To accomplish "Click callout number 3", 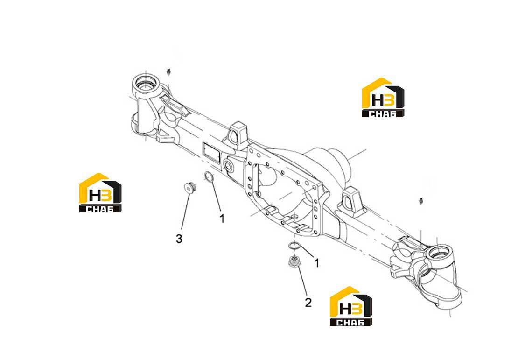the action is [179, 238].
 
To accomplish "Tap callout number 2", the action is [308, 303].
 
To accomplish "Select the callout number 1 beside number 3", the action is [222, 218].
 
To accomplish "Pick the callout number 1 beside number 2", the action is [316, 263].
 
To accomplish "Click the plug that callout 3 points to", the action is [189, 187].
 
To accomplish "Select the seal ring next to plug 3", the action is [209, 177].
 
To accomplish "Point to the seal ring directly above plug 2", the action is [294, 246].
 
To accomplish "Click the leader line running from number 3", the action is [185, 212].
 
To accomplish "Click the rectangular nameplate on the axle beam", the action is [211, 153].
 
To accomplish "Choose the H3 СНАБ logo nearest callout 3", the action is [100, 193].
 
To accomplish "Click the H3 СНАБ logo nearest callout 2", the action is [351, 306].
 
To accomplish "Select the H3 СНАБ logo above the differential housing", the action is [383, 98].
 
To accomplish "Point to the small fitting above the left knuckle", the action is [169, 71].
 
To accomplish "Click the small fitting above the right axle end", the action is [421, 200].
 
